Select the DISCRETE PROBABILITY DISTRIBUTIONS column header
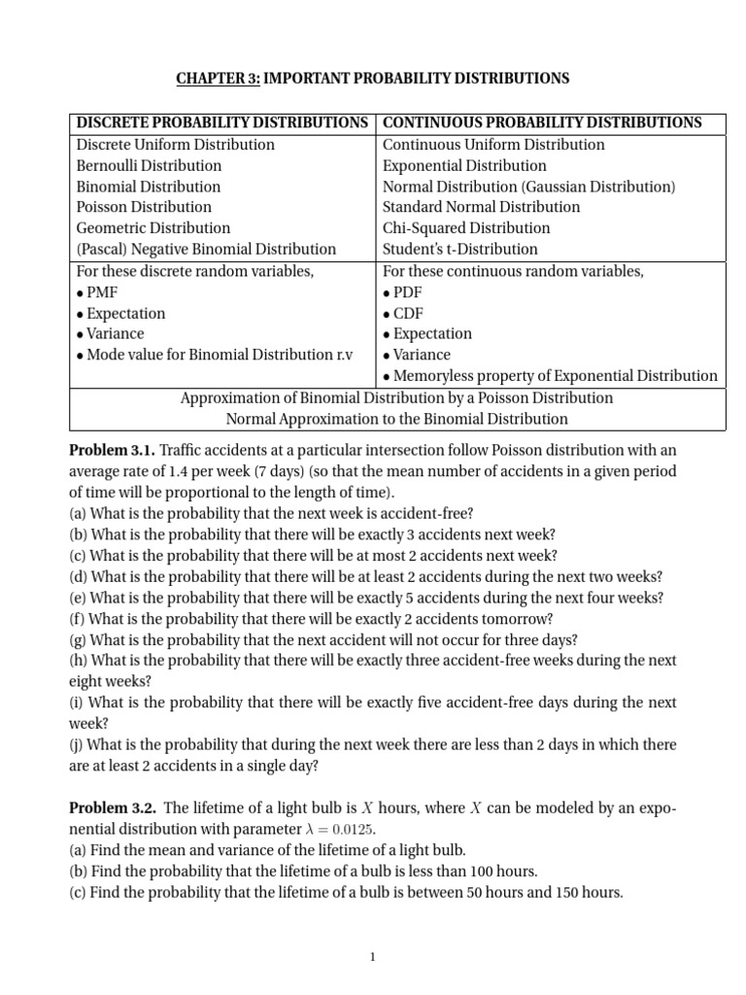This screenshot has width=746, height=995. tap(222, 122)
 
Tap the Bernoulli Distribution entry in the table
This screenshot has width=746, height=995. tap(149, 165)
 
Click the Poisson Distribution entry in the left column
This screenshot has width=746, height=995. tap(144, 207)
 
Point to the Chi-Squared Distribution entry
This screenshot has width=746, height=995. tap(466, 228)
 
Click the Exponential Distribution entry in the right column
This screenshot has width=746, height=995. tap(464, 165)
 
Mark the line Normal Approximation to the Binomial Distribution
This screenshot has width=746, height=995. tap(396, 419)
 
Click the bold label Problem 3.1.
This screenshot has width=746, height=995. tap(112, 450)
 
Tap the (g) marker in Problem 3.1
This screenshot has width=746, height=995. tap(77, 639)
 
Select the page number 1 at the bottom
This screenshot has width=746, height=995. tap(372, 957)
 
